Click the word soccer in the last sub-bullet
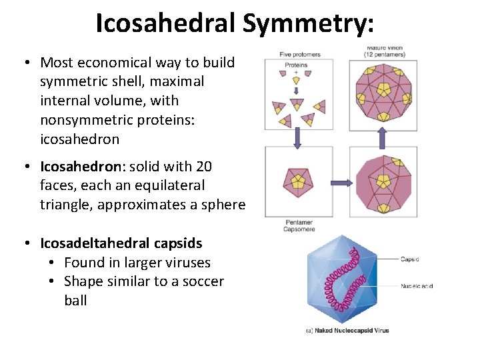pos(199,281)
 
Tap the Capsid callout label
pos(410,259)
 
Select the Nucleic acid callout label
pos(417,286)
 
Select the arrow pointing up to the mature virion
pos(382,138)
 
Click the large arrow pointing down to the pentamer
pos(297,137)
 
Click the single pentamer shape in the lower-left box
pos(297,181)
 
